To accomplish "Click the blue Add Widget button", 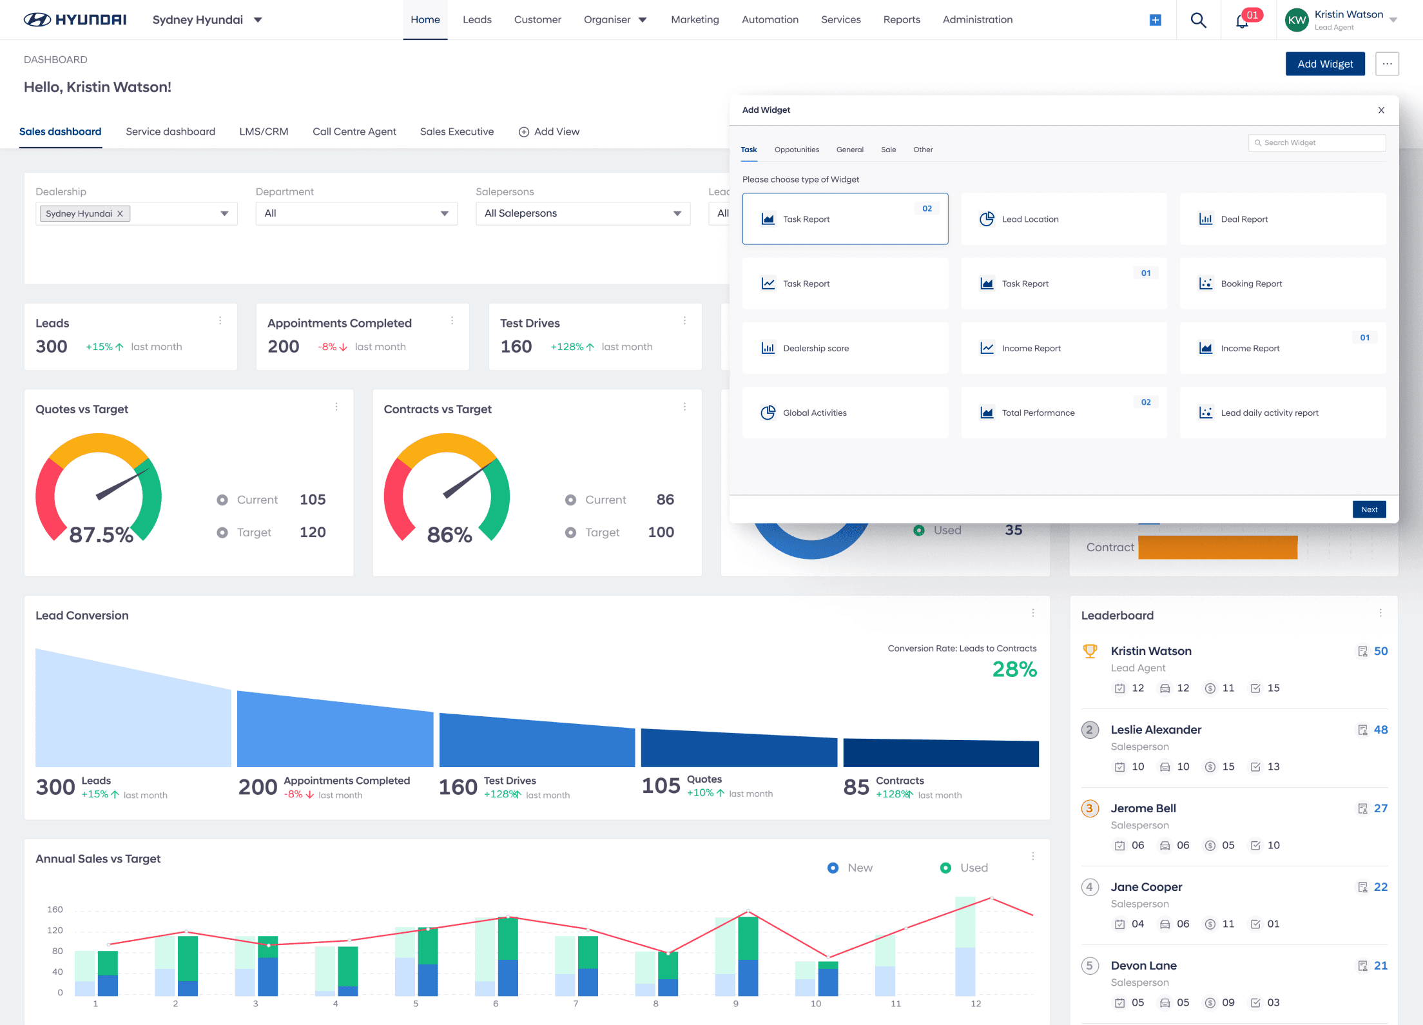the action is click(x=1325, y=64).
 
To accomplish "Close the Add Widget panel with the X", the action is click(x=1381, y=110).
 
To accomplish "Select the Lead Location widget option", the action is click(x=1063, y=219).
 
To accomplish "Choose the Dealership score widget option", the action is click(x=845, y=348).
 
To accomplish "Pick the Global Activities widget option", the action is click(x=845, y=413).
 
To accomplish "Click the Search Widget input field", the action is click(x=1317, y=142).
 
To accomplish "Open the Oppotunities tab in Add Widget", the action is click(x=797, y=150).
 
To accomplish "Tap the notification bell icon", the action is click(x=1242, y=21).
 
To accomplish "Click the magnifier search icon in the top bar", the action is click(x=1198, y=20).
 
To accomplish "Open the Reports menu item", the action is click(x=902, y=19).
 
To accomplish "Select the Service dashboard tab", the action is click(x=170, y=132).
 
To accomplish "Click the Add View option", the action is click(x=549, y=132).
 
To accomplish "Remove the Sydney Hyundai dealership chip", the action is click(x=120, y=213).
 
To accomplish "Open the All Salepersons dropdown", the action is click(x=583, y=213).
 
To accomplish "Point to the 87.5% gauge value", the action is click(x=101, y=534).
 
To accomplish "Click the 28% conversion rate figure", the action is click(x=1014, y=669).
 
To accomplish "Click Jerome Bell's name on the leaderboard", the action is click(x=1143, y=808).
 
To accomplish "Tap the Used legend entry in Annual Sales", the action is click(x=964, y=868).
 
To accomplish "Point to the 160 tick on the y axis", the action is click(x=55, y=910).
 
